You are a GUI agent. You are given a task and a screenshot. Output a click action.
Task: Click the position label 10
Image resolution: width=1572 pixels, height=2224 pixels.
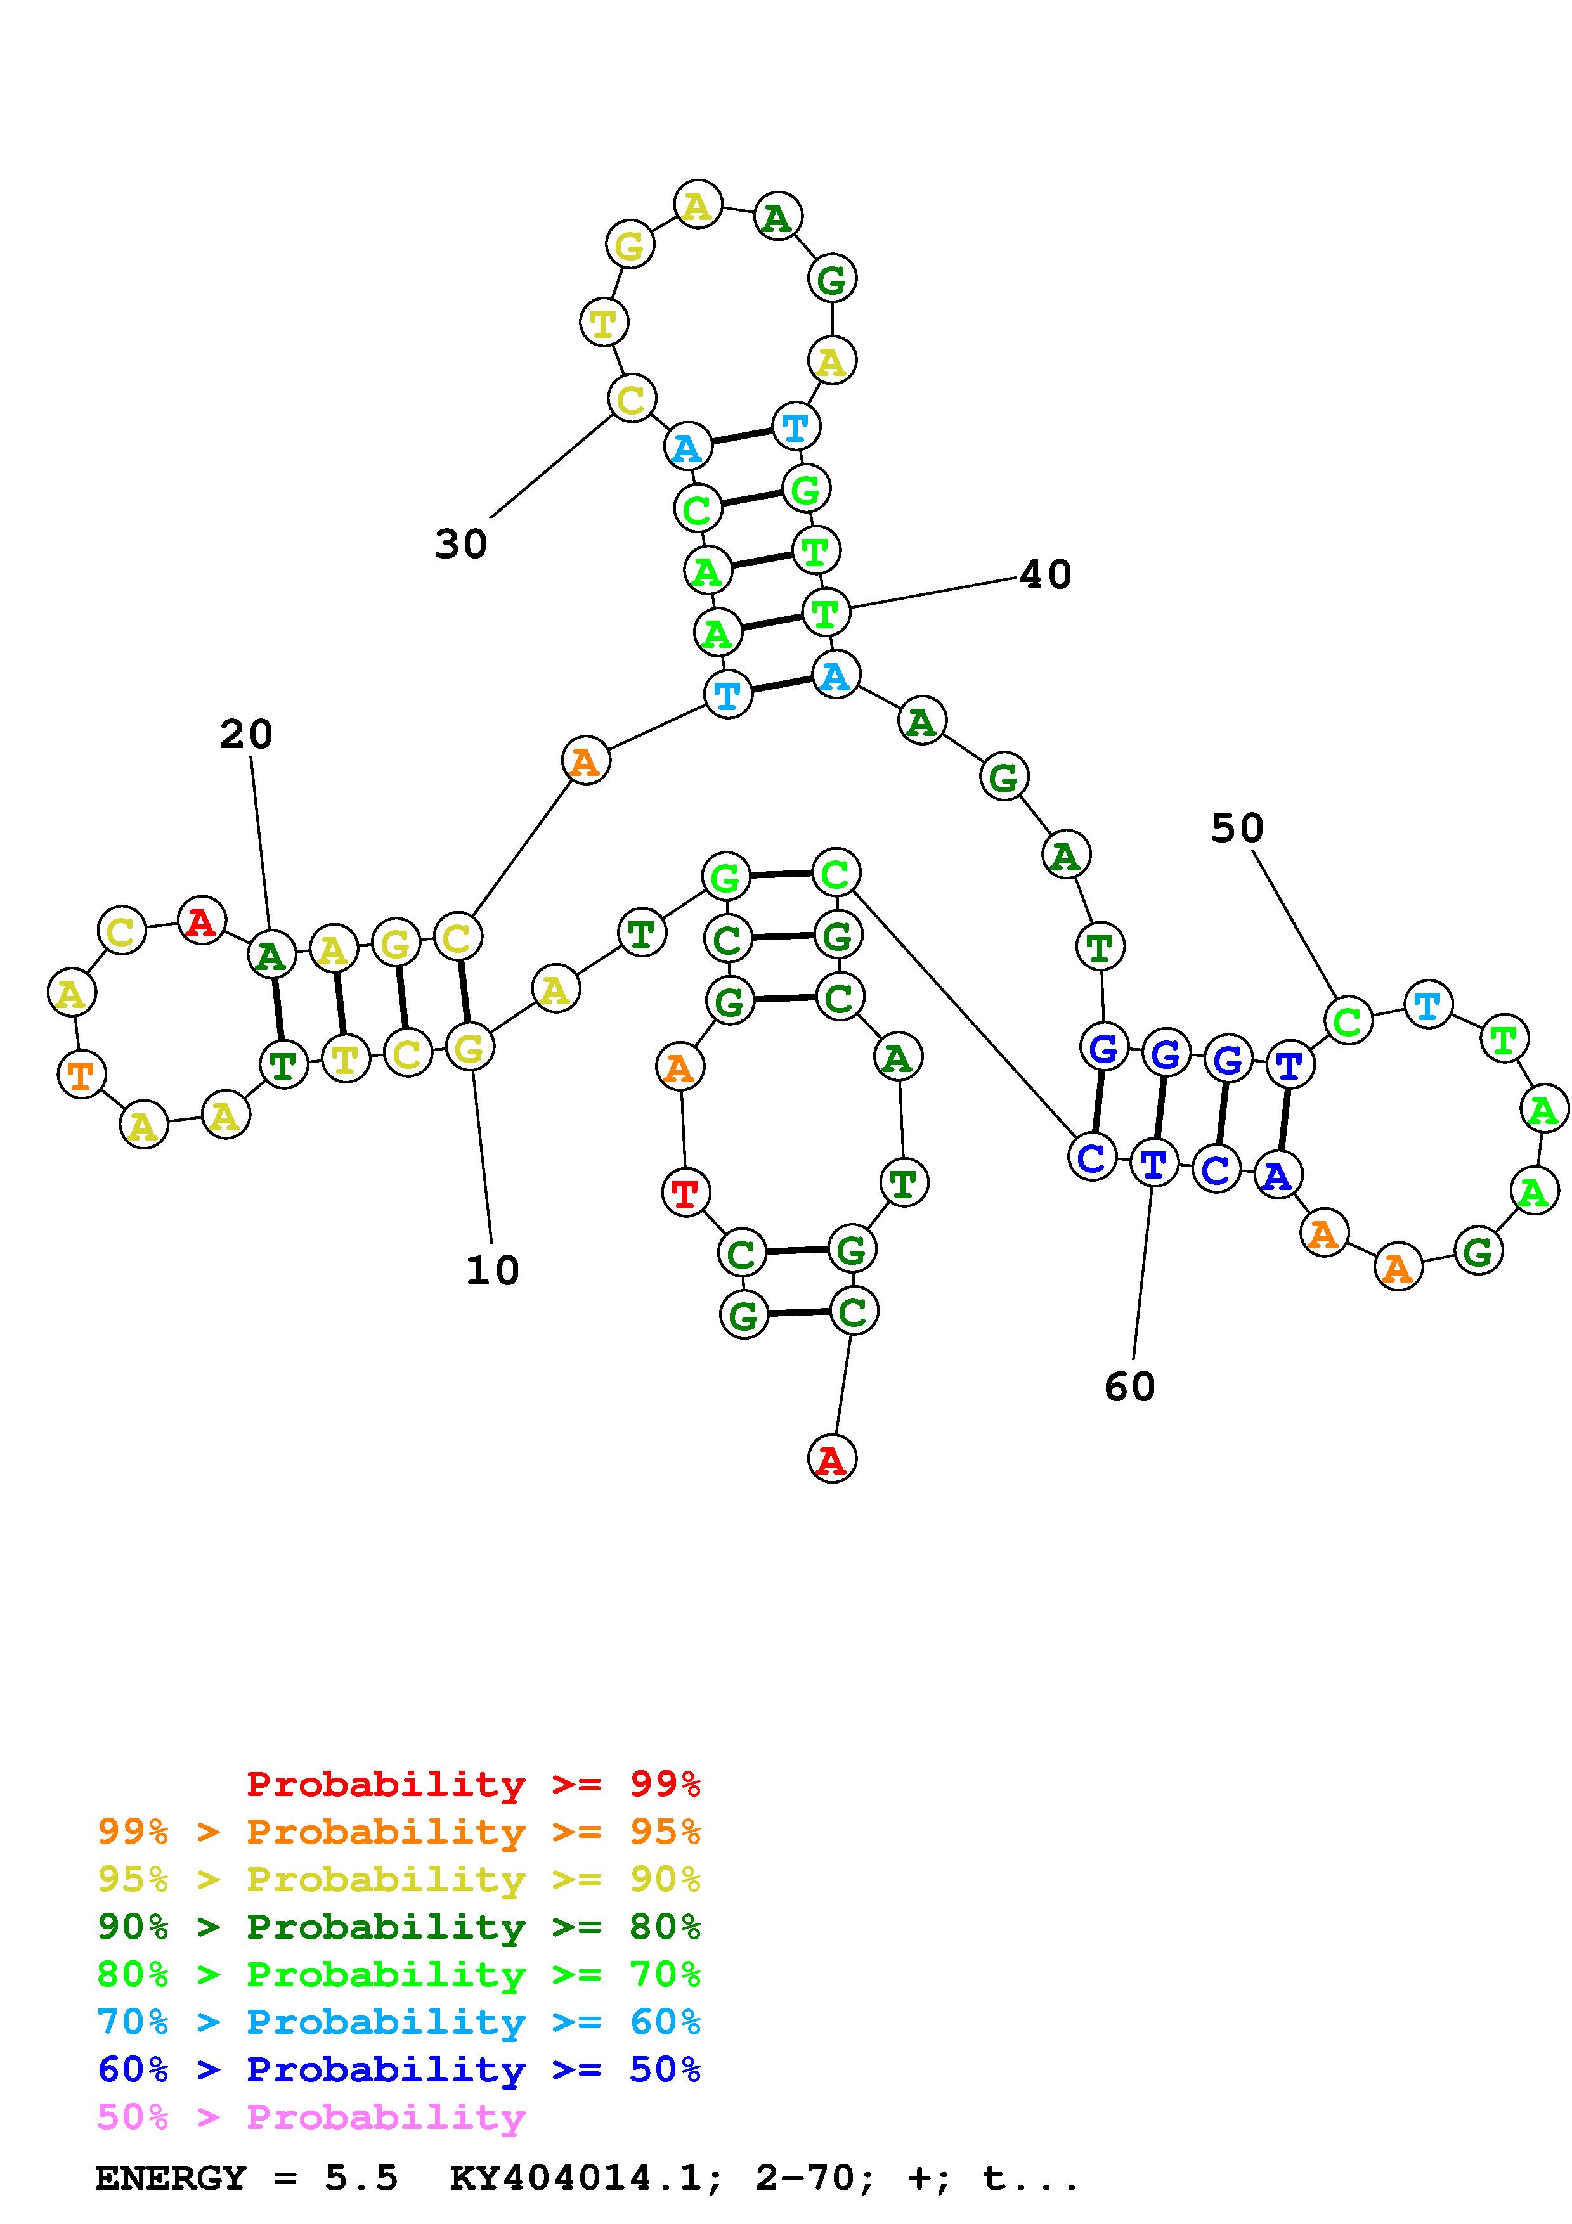pos(492,1270)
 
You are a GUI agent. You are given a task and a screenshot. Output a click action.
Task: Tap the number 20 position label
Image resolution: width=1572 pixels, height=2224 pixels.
pos(246,734)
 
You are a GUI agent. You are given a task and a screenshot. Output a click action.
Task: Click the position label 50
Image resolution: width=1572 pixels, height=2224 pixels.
pos(1237,828)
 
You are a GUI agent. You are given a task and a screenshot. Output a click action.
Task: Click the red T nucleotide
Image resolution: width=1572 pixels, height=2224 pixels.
pos(685,1193)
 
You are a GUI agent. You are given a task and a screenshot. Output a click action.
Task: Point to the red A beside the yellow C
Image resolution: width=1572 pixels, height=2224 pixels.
pos(202,921)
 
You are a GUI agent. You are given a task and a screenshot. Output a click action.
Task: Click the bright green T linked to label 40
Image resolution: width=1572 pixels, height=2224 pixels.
pos(825,612)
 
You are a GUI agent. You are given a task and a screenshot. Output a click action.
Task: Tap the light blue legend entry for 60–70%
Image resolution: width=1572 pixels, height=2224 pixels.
pos(398,2022)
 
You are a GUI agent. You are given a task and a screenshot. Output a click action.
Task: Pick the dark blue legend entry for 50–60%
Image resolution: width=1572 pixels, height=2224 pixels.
pos(398,2070)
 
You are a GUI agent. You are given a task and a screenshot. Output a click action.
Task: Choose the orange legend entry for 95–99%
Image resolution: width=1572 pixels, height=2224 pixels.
pos(398,1832)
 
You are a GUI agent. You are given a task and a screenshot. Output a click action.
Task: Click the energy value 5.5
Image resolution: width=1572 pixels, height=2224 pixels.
pos(361,2178)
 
